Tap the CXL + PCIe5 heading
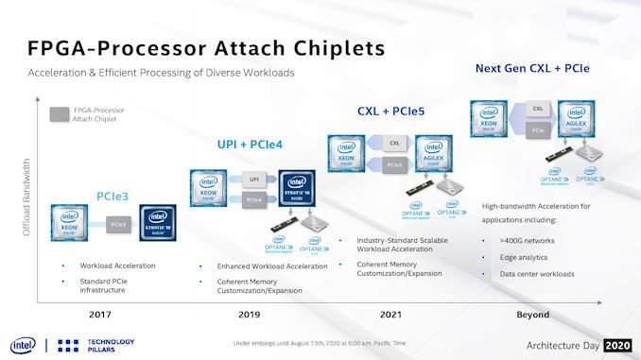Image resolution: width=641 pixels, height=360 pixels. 390,112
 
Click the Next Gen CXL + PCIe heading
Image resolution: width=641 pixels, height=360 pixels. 538,68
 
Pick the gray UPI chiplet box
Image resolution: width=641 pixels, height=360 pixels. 254,179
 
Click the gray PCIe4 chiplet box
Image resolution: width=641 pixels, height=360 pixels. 254,200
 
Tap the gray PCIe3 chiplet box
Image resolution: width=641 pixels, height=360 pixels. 118,224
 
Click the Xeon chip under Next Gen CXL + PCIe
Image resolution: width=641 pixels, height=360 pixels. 491,122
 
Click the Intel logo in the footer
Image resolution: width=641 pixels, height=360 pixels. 20,345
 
